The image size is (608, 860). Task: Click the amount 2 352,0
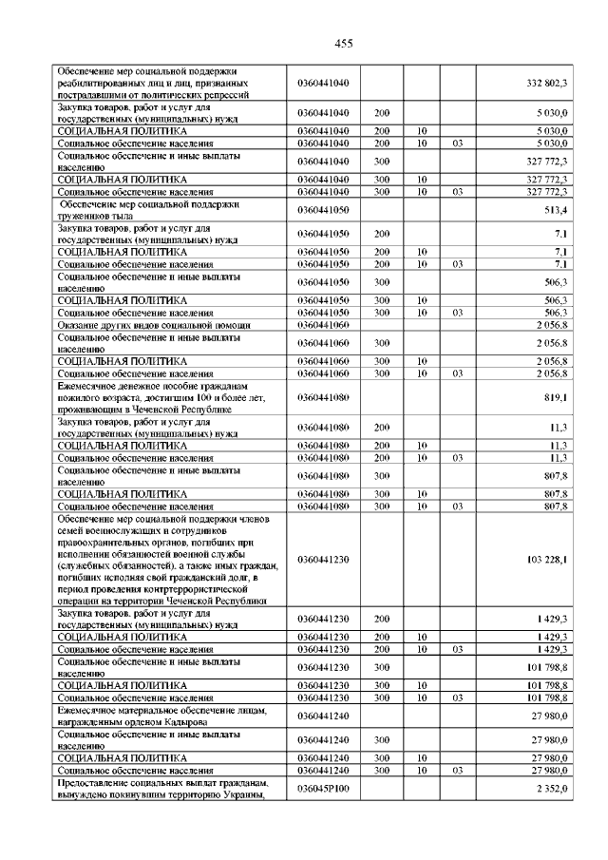tap(550, 789)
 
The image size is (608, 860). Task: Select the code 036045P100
tap(323, 789)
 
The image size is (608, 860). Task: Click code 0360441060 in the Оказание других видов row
tap(323, 325)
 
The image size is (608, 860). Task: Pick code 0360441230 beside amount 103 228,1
tap(323, 560)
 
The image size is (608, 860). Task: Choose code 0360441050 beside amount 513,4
tap(323, 209)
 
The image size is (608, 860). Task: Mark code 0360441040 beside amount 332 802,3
tap(323, 84)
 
